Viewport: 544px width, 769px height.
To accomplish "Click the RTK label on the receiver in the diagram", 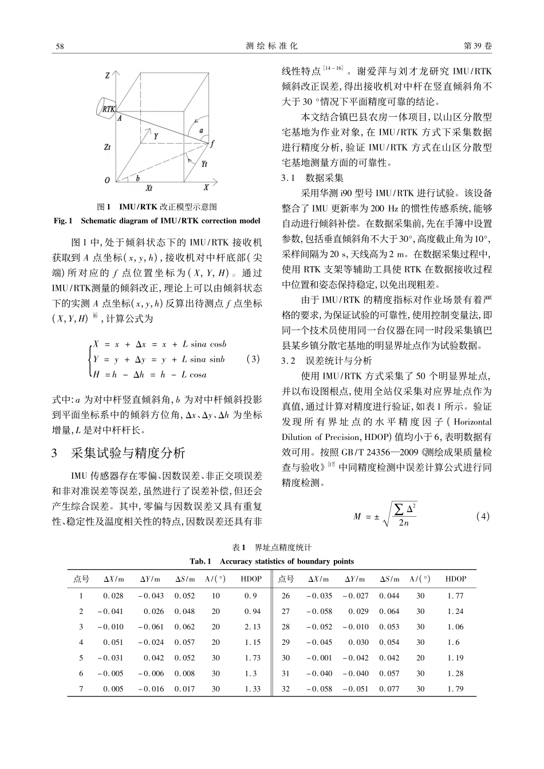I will pos(109,108).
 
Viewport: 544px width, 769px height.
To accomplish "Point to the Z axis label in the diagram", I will pos(107,75).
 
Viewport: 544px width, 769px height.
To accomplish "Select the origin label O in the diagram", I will pos(107,180).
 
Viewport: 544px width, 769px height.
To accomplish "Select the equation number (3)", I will pos(252,359).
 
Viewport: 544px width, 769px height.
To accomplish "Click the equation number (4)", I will pos(483,516).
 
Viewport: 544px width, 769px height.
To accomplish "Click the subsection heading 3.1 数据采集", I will pos(312,177).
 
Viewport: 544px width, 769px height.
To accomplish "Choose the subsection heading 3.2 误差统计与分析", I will pos(326,360).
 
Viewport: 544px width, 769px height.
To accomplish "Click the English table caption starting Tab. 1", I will pos(271,561).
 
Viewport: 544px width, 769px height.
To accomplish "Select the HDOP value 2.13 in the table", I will pos(253,627).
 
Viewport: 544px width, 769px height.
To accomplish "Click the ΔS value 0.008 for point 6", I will pos(184,673).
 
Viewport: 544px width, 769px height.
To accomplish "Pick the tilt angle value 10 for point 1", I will pos(215,596).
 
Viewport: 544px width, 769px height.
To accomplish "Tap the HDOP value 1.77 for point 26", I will pos(455,596).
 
